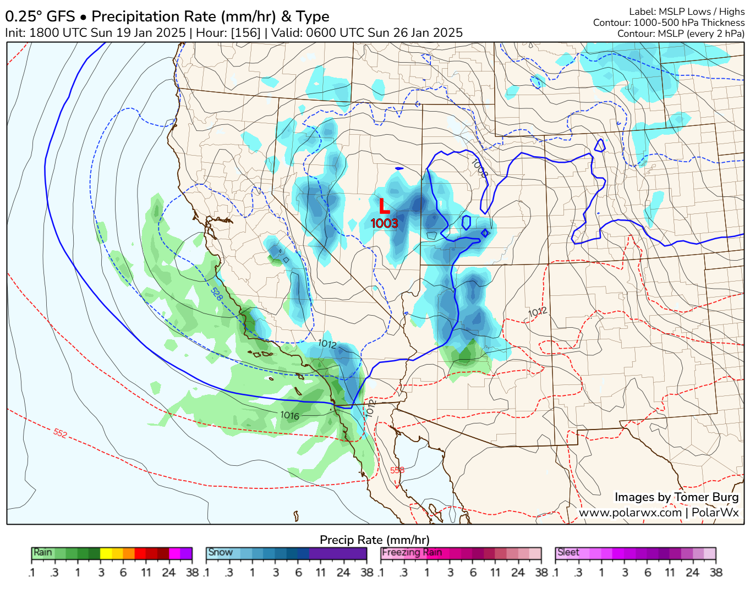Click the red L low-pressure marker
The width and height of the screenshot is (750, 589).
(x=384, y=206)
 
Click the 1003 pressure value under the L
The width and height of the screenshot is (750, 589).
(x=384, y=223)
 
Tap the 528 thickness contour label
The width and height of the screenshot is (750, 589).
(x=216, y=294)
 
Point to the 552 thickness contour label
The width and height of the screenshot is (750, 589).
(x=61, y=433)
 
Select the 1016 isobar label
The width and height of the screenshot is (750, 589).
(x=289, y=415)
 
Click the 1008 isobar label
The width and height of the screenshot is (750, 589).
(x=480, y=168)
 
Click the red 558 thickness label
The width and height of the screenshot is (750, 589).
(x=397, y=470)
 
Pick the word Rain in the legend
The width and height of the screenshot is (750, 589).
(x=43, y=552)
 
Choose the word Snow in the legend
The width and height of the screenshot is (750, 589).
(x=220, y=552)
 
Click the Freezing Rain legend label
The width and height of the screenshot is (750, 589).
(x=412, y=552)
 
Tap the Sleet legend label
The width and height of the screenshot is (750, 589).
(x=568, y=552)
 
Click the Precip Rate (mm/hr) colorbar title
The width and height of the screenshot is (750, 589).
(x=374, y=540)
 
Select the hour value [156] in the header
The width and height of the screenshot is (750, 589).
(x=245, y=32)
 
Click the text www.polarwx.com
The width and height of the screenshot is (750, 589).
(x=630, y=513)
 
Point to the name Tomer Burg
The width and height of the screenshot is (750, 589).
(x=706, y=497)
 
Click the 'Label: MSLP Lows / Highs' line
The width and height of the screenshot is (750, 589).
(x=686, y=12)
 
